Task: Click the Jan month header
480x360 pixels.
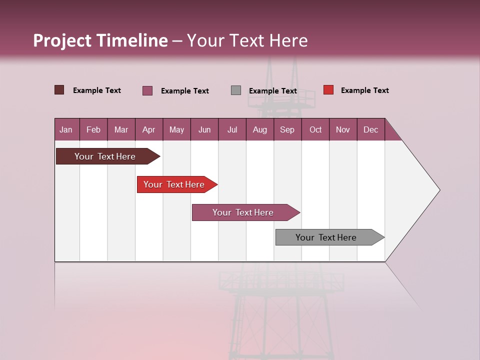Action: click(66, 129)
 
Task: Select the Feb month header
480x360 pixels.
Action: click(93, 129)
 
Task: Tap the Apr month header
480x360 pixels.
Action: click(148, 129)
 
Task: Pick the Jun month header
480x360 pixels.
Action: click(204, 129)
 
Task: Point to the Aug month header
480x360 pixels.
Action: click(259, 129)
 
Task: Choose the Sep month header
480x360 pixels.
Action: click(287, 129)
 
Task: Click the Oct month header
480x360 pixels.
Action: click(315, 129)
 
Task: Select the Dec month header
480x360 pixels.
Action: click(370, 129)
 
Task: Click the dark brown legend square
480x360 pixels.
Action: click(59, 90)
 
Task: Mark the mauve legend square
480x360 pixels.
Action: click(147, 90)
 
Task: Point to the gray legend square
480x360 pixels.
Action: click(236, 90)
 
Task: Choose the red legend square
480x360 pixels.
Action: click(328, 90)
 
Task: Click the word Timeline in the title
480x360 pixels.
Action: click(132, 40)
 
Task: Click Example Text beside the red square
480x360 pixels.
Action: click(364, 90)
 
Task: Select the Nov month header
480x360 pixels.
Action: click(343, 129)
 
